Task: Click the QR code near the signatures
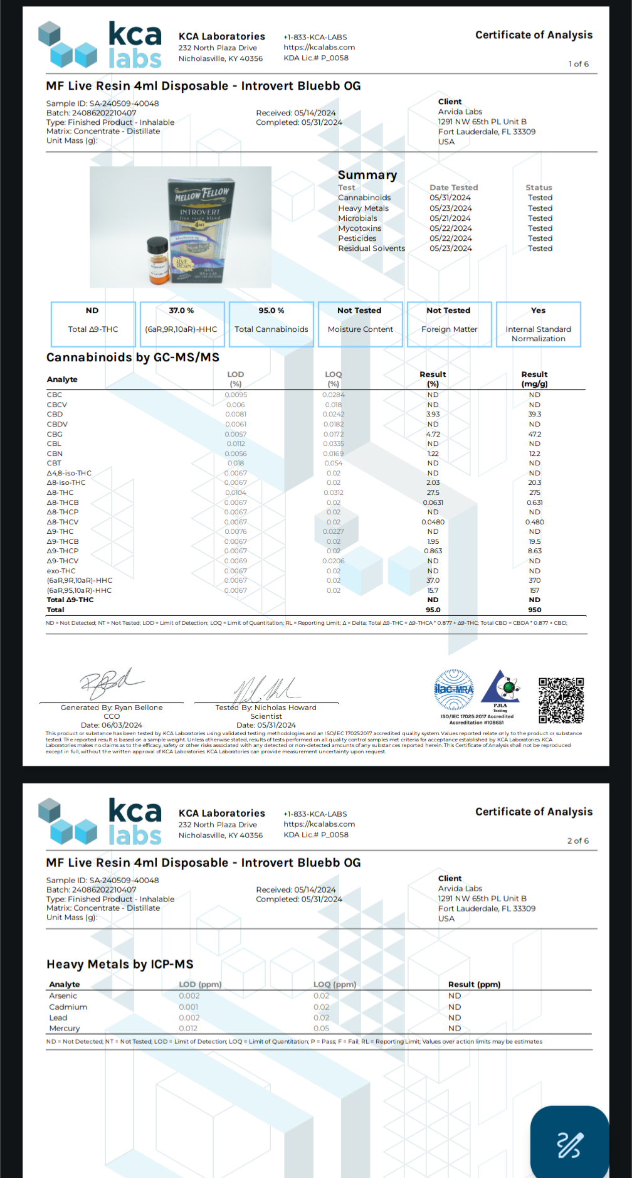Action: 561,700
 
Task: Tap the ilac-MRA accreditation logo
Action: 454,689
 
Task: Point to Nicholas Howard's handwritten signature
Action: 266,688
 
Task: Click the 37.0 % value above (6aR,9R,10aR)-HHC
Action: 181,310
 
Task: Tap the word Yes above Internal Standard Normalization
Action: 538,310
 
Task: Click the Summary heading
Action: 367,175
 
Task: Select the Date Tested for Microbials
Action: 450,218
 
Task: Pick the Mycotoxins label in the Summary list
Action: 359,228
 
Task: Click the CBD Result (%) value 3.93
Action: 433,414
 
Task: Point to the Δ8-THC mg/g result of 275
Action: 534,492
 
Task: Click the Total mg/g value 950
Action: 534,610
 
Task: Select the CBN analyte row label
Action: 55,454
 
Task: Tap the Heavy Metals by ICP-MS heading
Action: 120,964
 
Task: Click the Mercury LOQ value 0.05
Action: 321,1029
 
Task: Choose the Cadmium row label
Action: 68,1007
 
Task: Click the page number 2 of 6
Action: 577,841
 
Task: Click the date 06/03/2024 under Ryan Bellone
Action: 111,725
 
